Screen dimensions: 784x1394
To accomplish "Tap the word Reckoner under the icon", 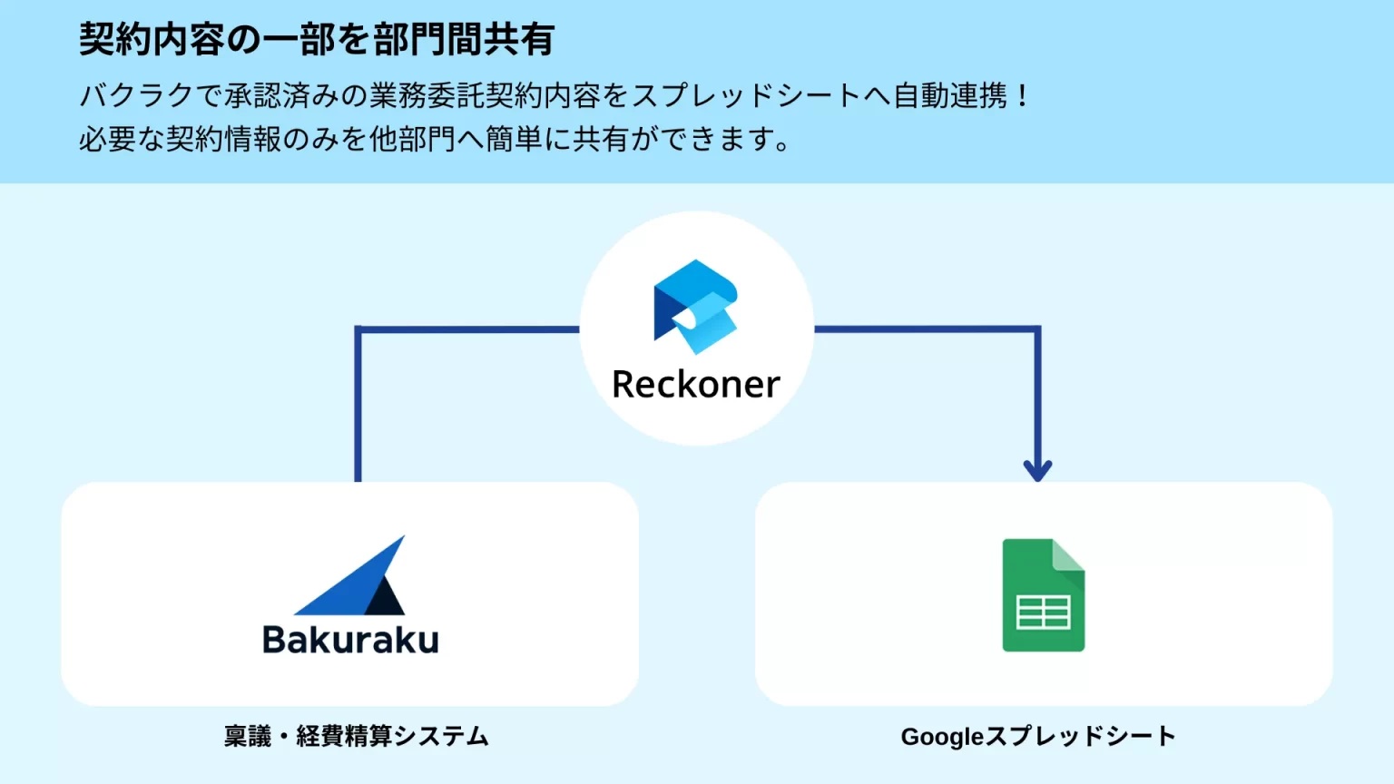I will [x=696, y=385].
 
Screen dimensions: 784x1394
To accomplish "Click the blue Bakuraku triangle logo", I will [x=349, y=577].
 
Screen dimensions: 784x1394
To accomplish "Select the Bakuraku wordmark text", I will [x=350, y=640].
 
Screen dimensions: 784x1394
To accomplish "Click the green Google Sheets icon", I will [x=1043, y=595].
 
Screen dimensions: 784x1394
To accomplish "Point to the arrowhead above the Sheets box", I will [x=1037, y=469].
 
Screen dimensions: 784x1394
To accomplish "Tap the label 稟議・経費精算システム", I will [x=356, y=736].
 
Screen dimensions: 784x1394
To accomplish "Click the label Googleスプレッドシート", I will [x=1038, y=736].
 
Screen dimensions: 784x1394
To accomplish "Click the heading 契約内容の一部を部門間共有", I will [x=317, y=39].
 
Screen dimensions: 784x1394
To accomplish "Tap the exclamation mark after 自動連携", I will [x=1023, y=95].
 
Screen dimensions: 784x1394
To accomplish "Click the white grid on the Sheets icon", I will [x=1043, y=612].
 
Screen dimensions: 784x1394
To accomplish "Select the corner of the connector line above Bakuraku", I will [x=358, y=329].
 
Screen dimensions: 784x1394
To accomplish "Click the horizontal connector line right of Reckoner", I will [x=926, y=328].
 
